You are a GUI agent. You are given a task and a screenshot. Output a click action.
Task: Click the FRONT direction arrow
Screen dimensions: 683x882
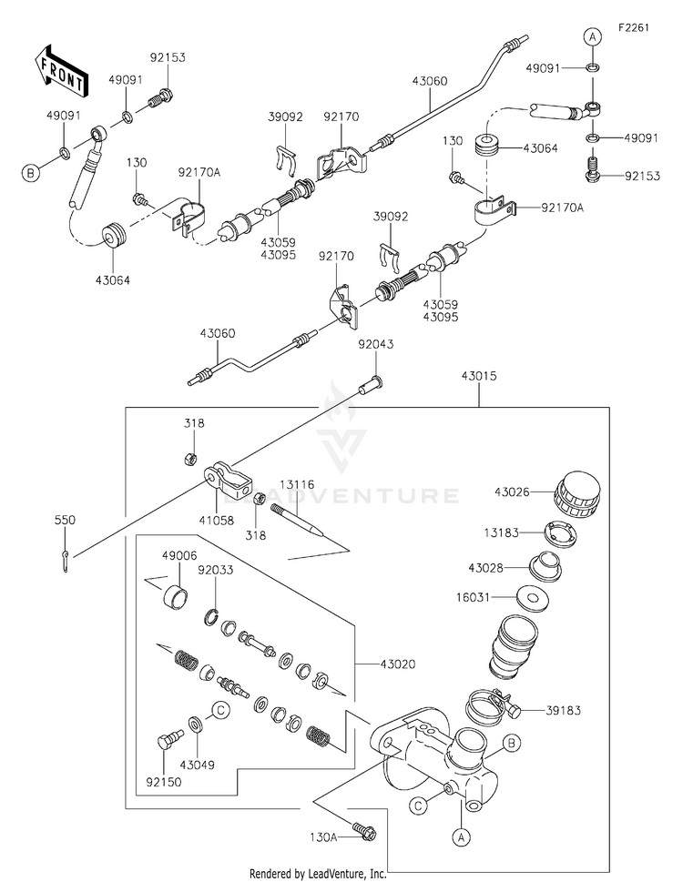[60, 70]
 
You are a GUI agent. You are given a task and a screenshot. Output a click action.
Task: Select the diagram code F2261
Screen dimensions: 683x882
[634, 27]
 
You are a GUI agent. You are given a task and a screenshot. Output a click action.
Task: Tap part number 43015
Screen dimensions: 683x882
[479, 376]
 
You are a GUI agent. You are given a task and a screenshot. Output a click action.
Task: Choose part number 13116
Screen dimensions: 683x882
[298, 485]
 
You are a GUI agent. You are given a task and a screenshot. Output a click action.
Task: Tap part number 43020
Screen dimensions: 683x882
[398, 664]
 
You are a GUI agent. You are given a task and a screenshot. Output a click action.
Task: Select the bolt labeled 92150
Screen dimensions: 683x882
[168, 738]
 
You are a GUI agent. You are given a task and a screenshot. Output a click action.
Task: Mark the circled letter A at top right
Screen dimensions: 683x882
[592, 37]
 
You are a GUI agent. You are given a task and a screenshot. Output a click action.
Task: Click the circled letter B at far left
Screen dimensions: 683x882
[31, 173]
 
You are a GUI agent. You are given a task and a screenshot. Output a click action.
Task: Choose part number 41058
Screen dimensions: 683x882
[217, 521]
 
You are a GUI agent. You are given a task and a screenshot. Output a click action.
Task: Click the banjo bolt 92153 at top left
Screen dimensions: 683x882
[159, 98]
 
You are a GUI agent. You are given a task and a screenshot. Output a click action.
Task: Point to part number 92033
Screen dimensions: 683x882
[216, 570]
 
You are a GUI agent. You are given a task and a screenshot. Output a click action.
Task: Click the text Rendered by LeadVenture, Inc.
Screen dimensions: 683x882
[318, 874]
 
